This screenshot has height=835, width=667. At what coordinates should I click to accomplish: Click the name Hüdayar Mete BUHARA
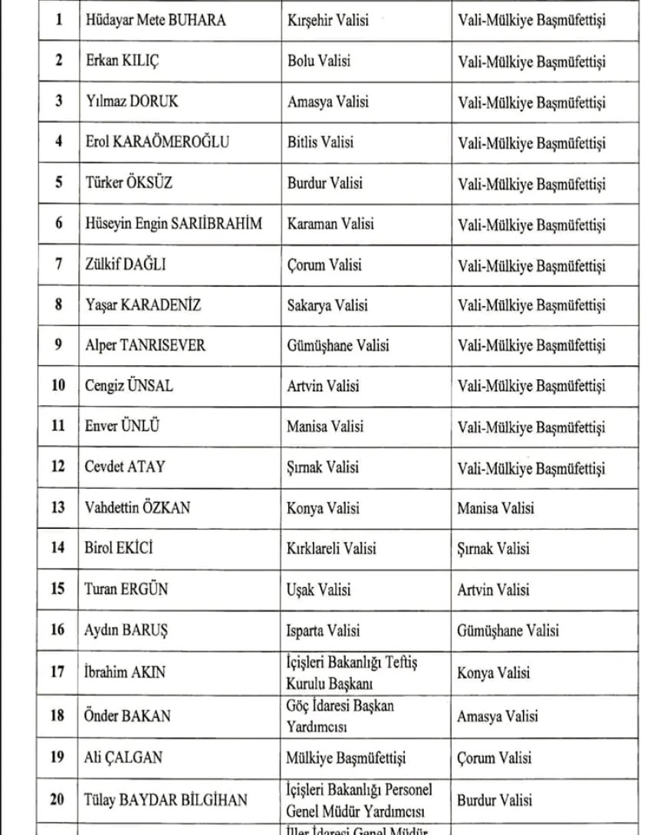(155, 21)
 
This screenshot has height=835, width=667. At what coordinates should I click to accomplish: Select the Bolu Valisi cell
(319, 61)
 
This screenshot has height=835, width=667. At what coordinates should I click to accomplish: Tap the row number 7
(58, 266)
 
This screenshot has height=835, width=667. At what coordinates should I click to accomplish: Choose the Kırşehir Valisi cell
(327, 21)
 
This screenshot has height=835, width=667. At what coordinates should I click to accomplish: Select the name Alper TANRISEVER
(145, 345)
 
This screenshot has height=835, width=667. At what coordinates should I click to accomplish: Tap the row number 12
(58, 467)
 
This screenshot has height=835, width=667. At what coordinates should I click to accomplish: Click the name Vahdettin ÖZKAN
(137, 508)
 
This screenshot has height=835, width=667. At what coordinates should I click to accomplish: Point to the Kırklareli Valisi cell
(331, 550)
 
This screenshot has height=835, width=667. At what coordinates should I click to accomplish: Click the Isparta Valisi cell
(324, 631)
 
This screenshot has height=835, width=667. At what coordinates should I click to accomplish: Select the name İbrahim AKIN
(124, 673)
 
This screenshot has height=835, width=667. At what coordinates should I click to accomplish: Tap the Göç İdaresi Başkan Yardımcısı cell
(340, 716)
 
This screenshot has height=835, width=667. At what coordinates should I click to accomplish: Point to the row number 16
(58, 631)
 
